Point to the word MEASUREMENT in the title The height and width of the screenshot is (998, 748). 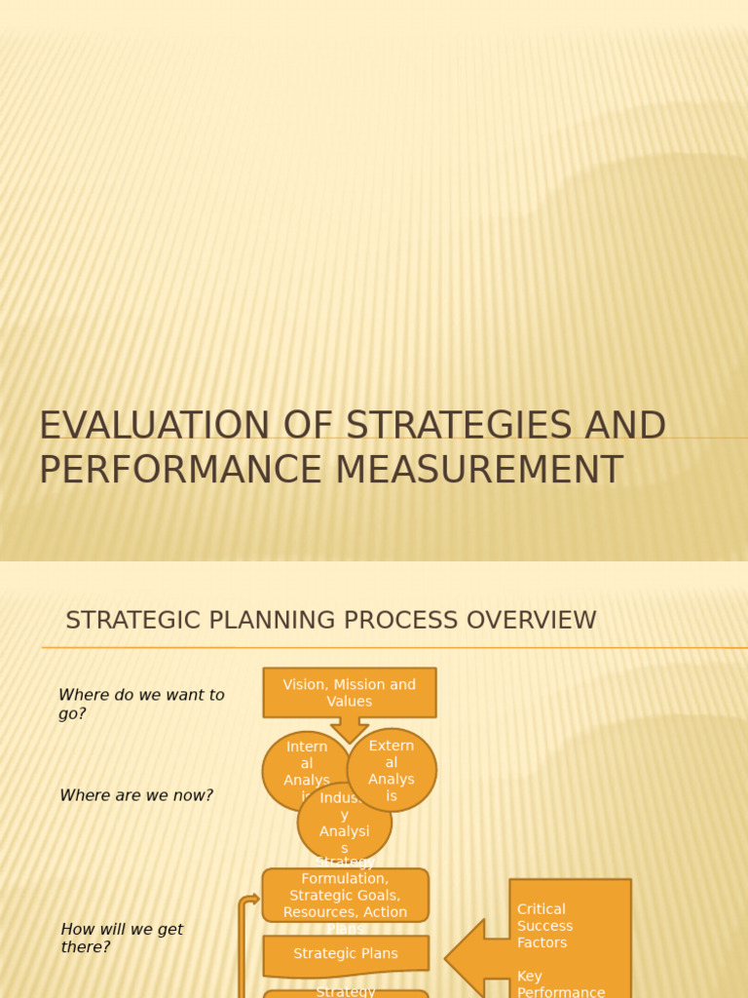point(479,470)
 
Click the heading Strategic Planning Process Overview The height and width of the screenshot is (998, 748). point(330,621)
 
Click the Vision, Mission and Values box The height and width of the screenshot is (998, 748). point(349,692)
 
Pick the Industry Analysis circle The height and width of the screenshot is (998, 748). point(345,825)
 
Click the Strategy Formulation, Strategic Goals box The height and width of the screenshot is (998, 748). point(345,895)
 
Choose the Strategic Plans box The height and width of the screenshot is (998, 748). point(346,954)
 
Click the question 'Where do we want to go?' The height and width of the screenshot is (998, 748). point(141,704)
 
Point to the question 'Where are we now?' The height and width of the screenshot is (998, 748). point(136,795)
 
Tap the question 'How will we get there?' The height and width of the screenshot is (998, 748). point(122,938)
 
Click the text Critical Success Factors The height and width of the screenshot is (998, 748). point(545,926)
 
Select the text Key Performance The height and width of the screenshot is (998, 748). point(560,984)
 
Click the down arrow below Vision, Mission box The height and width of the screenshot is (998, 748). point(349,729)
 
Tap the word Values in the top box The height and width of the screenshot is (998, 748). point(349,702)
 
